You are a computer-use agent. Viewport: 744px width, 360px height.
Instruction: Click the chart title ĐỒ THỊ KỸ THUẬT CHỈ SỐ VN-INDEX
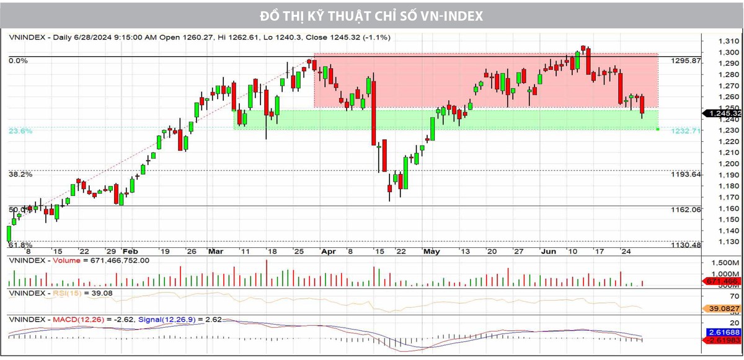click(371, 15)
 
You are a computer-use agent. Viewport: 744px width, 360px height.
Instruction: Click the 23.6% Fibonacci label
click(20, 131)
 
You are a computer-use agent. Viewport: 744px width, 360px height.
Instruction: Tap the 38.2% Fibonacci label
click(20, 175)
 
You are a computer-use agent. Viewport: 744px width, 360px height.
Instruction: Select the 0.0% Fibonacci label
click(18, 61)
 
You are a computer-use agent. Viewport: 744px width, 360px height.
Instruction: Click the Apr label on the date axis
click(329, 252)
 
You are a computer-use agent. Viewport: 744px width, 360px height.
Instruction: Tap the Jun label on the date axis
click(549, 252)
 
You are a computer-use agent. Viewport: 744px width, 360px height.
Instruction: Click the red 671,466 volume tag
click(721, 281)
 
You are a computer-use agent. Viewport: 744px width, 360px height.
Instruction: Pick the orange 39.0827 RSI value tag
click(722, 308)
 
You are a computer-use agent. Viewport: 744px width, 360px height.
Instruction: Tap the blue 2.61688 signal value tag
click(722, 333)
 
